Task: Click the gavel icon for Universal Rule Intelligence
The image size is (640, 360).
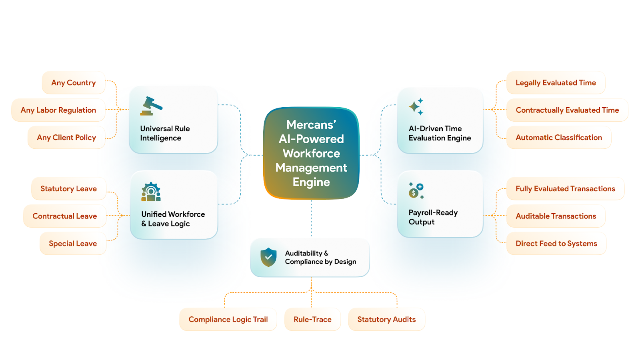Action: coord(151,106)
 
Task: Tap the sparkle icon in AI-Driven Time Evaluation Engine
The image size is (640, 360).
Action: coord(416,107)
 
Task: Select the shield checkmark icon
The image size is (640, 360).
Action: coord(268,257)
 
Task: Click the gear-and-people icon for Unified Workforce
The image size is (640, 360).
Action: coord(151,192)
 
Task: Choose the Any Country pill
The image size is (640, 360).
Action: coord(74,83)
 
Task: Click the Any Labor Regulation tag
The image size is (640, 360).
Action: coord(58,110)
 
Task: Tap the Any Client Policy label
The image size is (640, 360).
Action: coord(66,138)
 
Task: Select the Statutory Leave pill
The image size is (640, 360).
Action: coord(69,189)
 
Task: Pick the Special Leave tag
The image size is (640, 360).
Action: coord(73,244)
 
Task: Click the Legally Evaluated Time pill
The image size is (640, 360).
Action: coord(556,83)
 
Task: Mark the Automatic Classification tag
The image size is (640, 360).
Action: coord(559,138)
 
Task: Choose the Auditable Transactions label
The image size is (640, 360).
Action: coord(556,216)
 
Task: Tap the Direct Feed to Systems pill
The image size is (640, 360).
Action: coord(556,244)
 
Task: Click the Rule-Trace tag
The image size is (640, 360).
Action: coord(312,320)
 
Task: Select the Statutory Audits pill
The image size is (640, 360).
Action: coord(386,320)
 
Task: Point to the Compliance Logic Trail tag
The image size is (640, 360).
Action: coord(228,320)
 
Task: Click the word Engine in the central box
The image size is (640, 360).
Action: coord(311,182)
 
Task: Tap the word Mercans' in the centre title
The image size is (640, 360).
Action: coord(311,125)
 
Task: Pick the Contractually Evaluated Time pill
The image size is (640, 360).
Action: coord(567,110)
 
